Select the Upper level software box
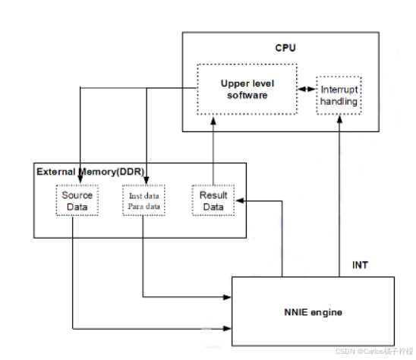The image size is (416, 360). point(245,89)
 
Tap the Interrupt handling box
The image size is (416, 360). point(338,96)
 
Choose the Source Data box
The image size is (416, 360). point(77,201)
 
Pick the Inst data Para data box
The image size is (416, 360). point(143,201)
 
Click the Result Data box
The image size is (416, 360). point(213,201)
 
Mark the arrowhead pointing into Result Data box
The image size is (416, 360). point(240,201)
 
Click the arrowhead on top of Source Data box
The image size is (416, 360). point(80,181)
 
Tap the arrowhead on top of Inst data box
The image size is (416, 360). point(147,181)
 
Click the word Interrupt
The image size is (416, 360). point(338,90)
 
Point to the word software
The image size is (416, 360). point(245,96)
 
